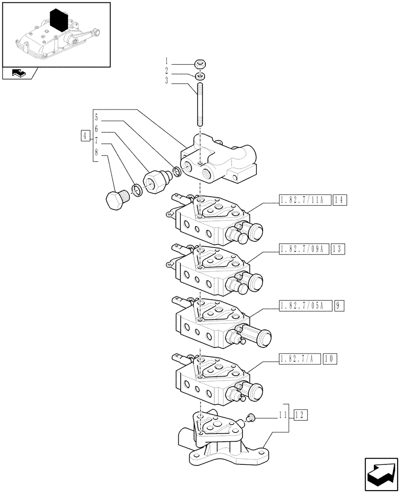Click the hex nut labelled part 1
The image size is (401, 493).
point(200,64)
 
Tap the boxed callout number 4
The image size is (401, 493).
point(85,135)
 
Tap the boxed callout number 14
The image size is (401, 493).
point(340,200)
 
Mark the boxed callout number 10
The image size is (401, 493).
point(329,359)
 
